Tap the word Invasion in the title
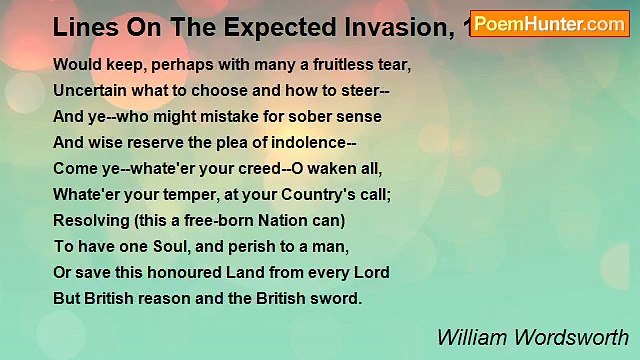tap(389, 26)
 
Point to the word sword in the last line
tap(334, 299)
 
